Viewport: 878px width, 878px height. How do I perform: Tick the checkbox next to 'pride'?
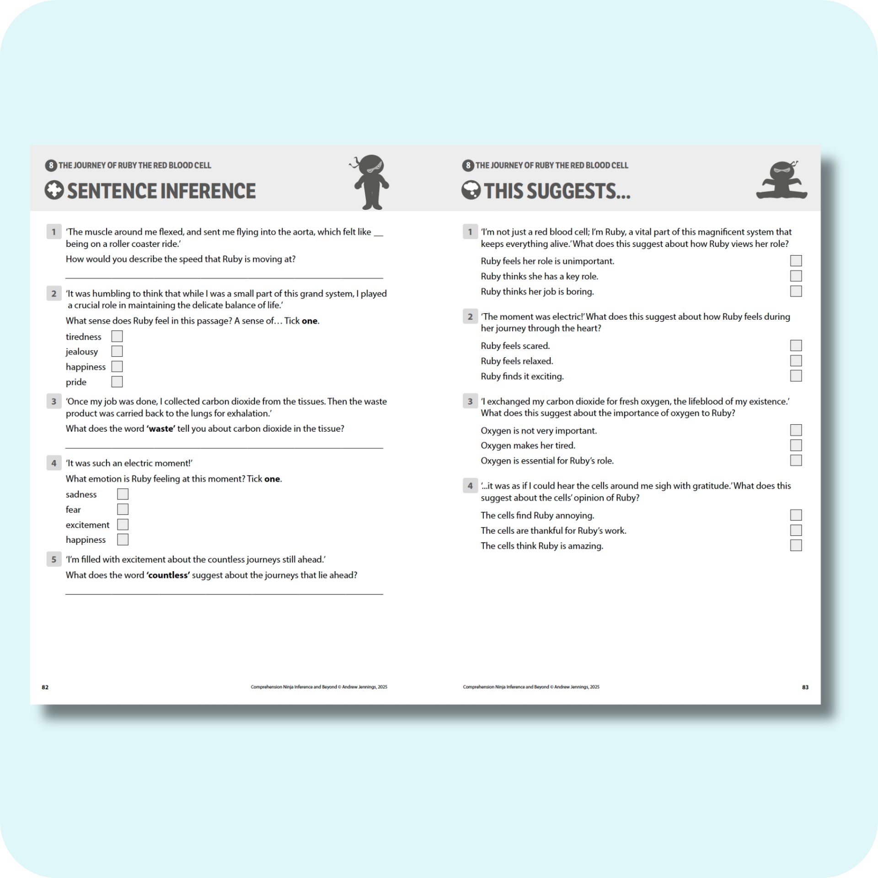(x=117, y=381)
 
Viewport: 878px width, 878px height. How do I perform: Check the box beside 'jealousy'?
(x=117, y=351)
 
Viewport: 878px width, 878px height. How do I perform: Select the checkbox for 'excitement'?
(x=123, y=525)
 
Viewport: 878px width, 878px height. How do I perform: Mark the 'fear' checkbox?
(x=123, y=509)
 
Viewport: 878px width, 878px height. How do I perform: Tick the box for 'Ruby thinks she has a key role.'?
(x=796, y=276)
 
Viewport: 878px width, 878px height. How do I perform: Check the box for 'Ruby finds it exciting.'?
(x=796, y=376)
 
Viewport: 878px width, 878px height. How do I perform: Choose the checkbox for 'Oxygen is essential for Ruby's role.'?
(x=796, y=460)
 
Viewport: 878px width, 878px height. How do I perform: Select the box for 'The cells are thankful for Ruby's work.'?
(x=796, y=530)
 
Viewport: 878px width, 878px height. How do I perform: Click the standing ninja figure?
(x=371, y=182)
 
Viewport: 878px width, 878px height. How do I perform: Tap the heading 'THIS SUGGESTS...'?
(x=557, y=191)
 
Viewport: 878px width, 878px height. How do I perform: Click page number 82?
(x=45, y=687)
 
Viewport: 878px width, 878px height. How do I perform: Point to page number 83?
(x=805, y=687)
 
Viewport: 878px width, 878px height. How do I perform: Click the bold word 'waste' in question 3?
(x=161, y=429)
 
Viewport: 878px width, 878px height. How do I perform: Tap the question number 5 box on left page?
(x=54, y=559)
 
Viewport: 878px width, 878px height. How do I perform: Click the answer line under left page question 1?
(x=224, y=277)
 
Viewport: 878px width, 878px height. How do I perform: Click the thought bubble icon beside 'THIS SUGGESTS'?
(x=471, y=190)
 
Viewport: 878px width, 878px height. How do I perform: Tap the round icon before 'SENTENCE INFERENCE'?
(x=54, y=190)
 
